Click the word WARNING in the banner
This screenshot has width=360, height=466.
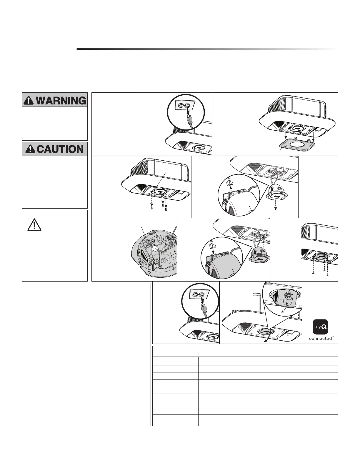tap(61, 101)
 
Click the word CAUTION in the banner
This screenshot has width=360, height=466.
tap(61, 149)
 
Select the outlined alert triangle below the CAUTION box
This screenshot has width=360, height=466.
tap(34, 225)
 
